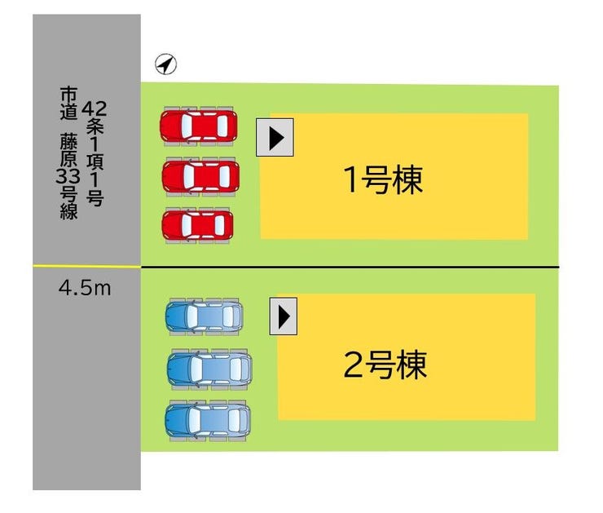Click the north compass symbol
165,65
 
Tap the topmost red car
198,126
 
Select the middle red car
200,175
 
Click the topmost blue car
204,315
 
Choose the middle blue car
209,369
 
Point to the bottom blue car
207,420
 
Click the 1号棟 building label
382,180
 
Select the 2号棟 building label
385,365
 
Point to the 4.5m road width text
85,288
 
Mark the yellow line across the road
86,267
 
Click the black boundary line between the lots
350,268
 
